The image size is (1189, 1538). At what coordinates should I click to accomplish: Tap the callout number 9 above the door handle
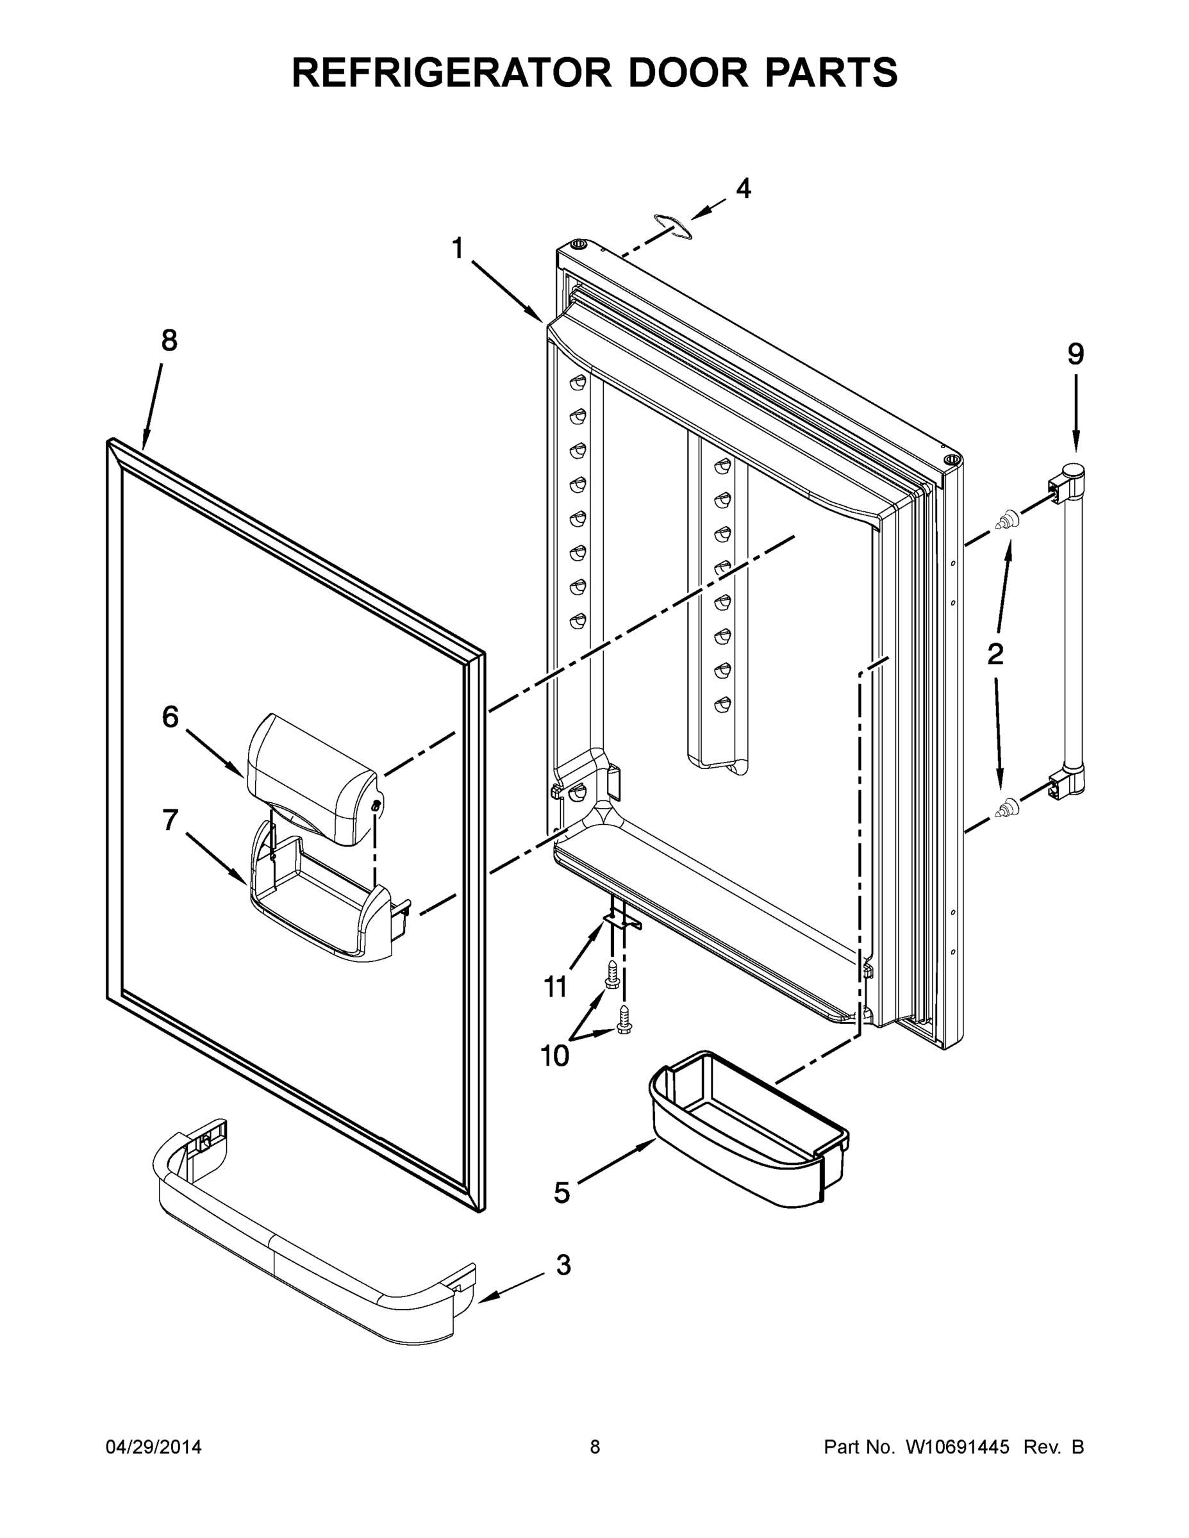point(1075,354)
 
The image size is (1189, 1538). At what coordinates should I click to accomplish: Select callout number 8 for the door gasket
point(169,341)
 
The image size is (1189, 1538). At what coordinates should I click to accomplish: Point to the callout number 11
point(556,988)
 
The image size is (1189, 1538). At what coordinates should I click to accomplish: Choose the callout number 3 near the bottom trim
point(563,1265)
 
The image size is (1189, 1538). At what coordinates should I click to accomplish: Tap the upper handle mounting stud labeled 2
point(1006,521)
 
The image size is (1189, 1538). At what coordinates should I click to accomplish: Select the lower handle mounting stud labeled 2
point(1006,807)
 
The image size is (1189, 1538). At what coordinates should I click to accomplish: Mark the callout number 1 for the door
point(458,249)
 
